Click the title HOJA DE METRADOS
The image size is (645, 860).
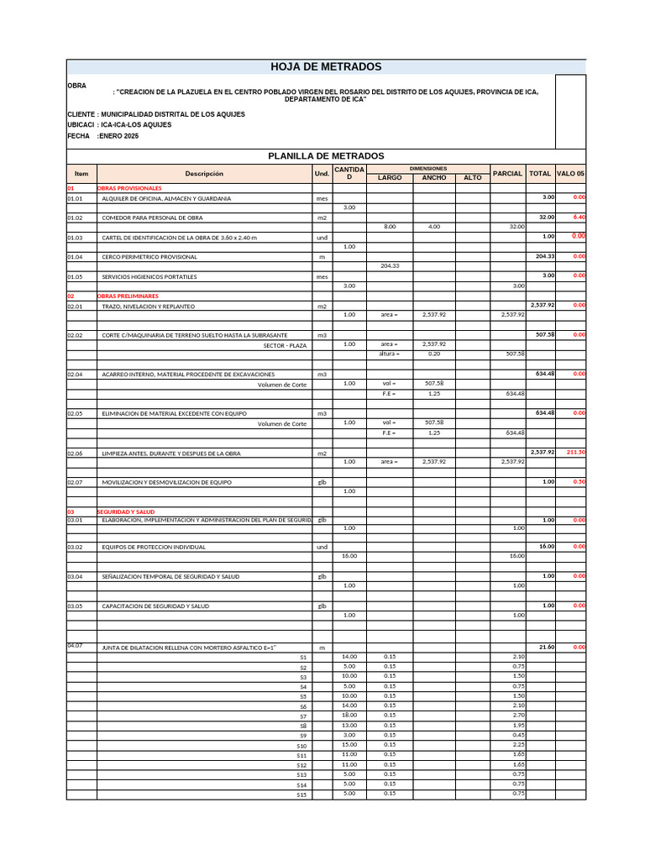click(x=326, y=67)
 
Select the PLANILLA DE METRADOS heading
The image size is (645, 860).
click(x=326, y=155)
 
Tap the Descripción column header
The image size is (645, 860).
click(x=204, y=174)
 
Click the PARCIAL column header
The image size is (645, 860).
click(x=507, y=174)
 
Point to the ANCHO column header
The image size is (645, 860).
click(x=433, y=178)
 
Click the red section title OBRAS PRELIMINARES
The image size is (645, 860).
click(x=128, y=296)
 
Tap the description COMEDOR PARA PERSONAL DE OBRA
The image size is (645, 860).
click(x=155, y=218)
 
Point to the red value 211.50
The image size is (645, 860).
click(x=575, y=452)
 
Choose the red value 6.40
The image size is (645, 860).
click(x=578, y=217)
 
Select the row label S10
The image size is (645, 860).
click(x=302, y=746)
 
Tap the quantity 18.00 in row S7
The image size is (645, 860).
click(x=349, y=715)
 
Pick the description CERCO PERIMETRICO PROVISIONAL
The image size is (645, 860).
click(x=149, y=257)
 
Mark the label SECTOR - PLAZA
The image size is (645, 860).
click(x=285, y=345)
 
